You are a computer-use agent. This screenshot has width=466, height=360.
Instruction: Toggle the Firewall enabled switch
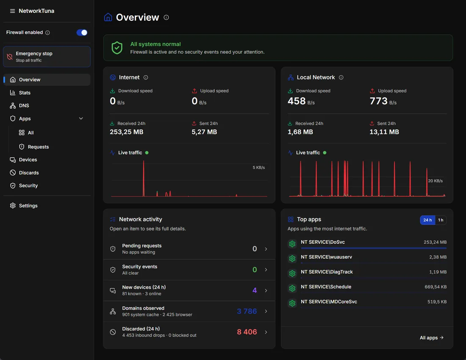click(82, 32)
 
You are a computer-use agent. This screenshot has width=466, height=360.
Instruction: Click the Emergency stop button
click(47, 56)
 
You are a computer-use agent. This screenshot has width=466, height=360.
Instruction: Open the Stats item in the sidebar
click(25, 92)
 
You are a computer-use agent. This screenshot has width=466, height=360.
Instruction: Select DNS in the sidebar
click(24, 106)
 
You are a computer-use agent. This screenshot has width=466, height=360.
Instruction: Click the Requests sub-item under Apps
click(38, 147)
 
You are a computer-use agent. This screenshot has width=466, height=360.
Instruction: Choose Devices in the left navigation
click(28, 160)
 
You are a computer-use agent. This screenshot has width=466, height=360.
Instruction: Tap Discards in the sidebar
click(29, 173)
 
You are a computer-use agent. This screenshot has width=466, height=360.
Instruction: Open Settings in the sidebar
click(28, 206)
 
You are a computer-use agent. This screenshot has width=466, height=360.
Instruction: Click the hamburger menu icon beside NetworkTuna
click(12, 11)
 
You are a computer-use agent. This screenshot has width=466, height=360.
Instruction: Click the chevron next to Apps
click(81, 118)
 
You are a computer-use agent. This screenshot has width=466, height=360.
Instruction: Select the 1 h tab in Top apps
click(441, 220)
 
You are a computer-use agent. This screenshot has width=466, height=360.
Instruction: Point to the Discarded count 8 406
click(247, 332)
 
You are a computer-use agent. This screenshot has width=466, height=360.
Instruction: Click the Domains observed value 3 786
click(247, 311)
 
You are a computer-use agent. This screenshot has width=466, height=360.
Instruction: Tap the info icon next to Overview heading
click(166, 17)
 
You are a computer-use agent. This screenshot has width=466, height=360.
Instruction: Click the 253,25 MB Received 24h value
click(127, 132)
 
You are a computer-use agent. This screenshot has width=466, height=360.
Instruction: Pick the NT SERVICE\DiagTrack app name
click(327, 272)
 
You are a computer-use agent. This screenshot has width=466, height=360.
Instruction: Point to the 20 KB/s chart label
click(435, 181)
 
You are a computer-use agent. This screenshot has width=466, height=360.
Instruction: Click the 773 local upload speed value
click(378, 101)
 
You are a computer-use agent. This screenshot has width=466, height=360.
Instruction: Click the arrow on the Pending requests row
click(266, 249)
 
